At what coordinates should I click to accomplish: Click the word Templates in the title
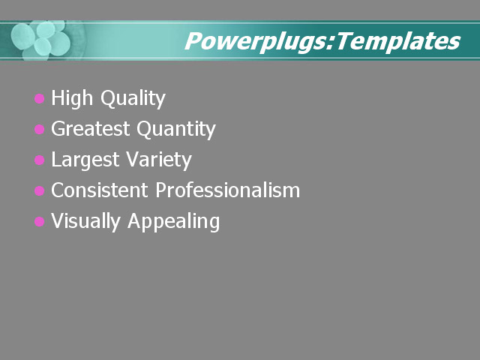click(x=398, y=41)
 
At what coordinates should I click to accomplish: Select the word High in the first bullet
click(x=73, y=98)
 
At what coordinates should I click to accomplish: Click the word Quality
click(x=133, y=99)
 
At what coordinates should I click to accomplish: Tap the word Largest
click(x=85, y=160)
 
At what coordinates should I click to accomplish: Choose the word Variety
click(x=157, y=160)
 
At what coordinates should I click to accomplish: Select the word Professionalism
click(x=228, y=190)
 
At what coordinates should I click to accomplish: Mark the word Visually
click(x=85, y=222)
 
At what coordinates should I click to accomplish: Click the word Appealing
click(x=174, y=222)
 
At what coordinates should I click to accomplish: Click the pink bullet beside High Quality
click(x=40, y=99)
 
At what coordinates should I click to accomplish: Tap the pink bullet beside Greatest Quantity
click(x=40, y=130)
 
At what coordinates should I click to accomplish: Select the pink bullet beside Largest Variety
click(x=40, y=160)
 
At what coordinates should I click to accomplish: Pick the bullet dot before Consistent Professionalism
click(x=40, y=191)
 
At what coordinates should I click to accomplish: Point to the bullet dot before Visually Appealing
click(x=40, y=222)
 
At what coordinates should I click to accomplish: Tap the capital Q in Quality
click(x=109, y=99)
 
